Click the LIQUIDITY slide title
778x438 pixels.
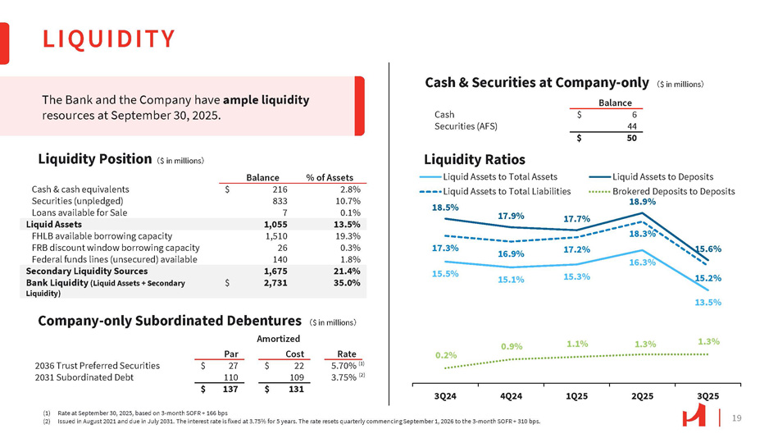pyautogui.click(x=109, y=39)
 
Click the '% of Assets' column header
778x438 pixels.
pyautogui.click(x=329, y=177)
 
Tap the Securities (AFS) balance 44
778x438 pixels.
pyautogui.click(x=632, y=126)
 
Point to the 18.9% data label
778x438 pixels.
pyautogui.click(x=642, y=201)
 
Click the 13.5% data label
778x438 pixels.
pyautogui.click(x=708, y=302)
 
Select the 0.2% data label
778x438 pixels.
pyautogui.click(x=446, y=355)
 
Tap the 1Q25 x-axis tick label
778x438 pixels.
pyautogui.click(x=576, y=396)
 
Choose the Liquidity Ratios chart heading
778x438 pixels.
pyautogui.click(x=475, y=159)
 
